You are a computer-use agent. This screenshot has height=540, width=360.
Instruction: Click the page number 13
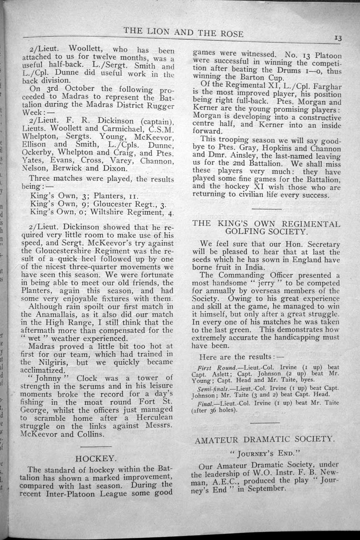pos(339,38)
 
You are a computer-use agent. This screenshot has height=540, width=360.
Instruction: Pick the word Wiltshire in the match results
pos(110,212)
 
